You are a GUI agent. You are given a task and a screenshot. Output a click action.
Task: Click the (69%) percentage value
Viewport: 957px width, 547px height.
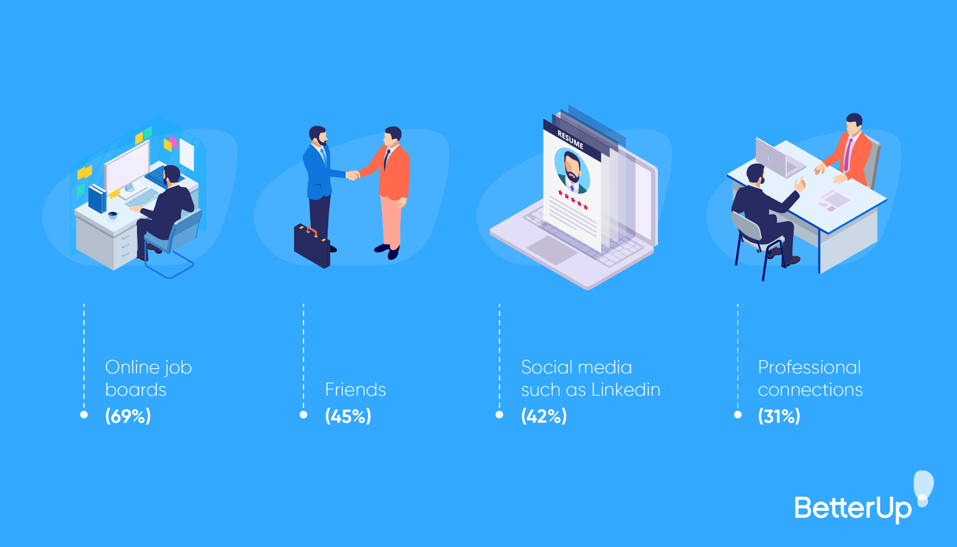[x=128, y=416]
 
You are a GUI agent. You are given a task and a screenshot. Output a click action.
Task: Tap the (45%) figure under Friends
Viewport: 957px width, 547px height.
[x=348, y=416]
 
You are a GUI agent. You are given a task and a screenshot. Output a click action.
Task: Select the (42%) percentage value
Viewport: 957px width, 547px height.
[x=543, y=416]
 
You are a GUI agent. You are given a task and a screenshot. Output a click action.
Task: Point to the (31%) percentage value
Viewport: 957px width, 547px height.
[x=779, y=416]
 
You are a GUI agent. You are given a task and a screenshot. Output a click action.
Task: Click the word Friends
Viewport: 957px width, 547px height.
[x=355, y=390]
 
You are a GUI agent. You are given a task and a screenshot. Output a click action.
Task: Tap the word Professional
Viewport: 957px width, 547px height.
[x=809, y=367]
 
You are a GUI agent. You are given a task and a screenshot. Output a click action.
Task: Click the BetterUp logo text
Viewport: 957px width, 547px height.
[x=853, y=508]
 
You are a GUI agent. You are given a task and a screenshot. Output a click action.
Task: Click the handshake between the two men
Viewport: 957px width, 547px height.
[x=352, y=175]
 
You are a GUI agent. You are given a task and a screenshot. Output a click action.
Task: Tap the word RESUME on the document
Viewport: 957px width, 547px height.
[x=570, y=140]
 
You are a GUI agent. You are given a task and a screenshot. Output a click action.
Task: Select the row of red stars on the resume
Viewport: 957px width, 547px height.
[x=573, y=200]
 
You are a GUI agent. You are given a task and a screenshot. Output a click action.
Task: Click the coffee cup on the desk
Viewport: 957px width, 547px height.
[x=113, y=215]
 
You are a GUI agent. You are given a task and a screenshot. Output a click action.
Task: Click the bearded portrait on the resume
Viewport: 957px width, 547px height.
[x=572, y=171]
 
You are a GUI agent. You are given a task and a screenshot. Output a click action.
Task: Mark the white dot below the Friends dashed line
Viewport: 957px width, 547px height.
[x=303, y=415]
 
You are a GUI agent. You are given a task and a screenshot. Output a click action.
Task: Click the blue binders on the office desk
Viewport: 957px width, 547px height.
[x=97, y=198]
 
